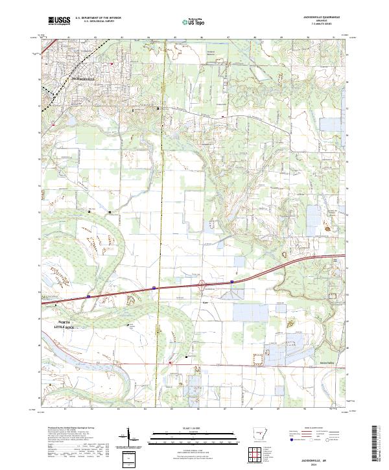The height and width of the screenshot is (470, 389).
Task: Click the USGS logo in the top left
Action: tap(59, 21)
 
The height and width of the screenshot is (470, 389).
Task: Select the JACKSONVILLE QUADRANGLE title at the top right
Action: tap(319, 18)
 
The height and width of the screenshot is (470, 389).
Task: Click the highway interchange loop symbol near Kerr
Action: tap(202, 283)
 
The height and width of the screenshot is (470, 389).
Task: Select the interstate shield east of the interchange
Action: tap(231, 281)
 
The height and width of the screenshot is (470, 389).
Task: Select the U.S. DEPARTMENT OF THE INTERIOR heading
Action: tap(97, 19)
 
